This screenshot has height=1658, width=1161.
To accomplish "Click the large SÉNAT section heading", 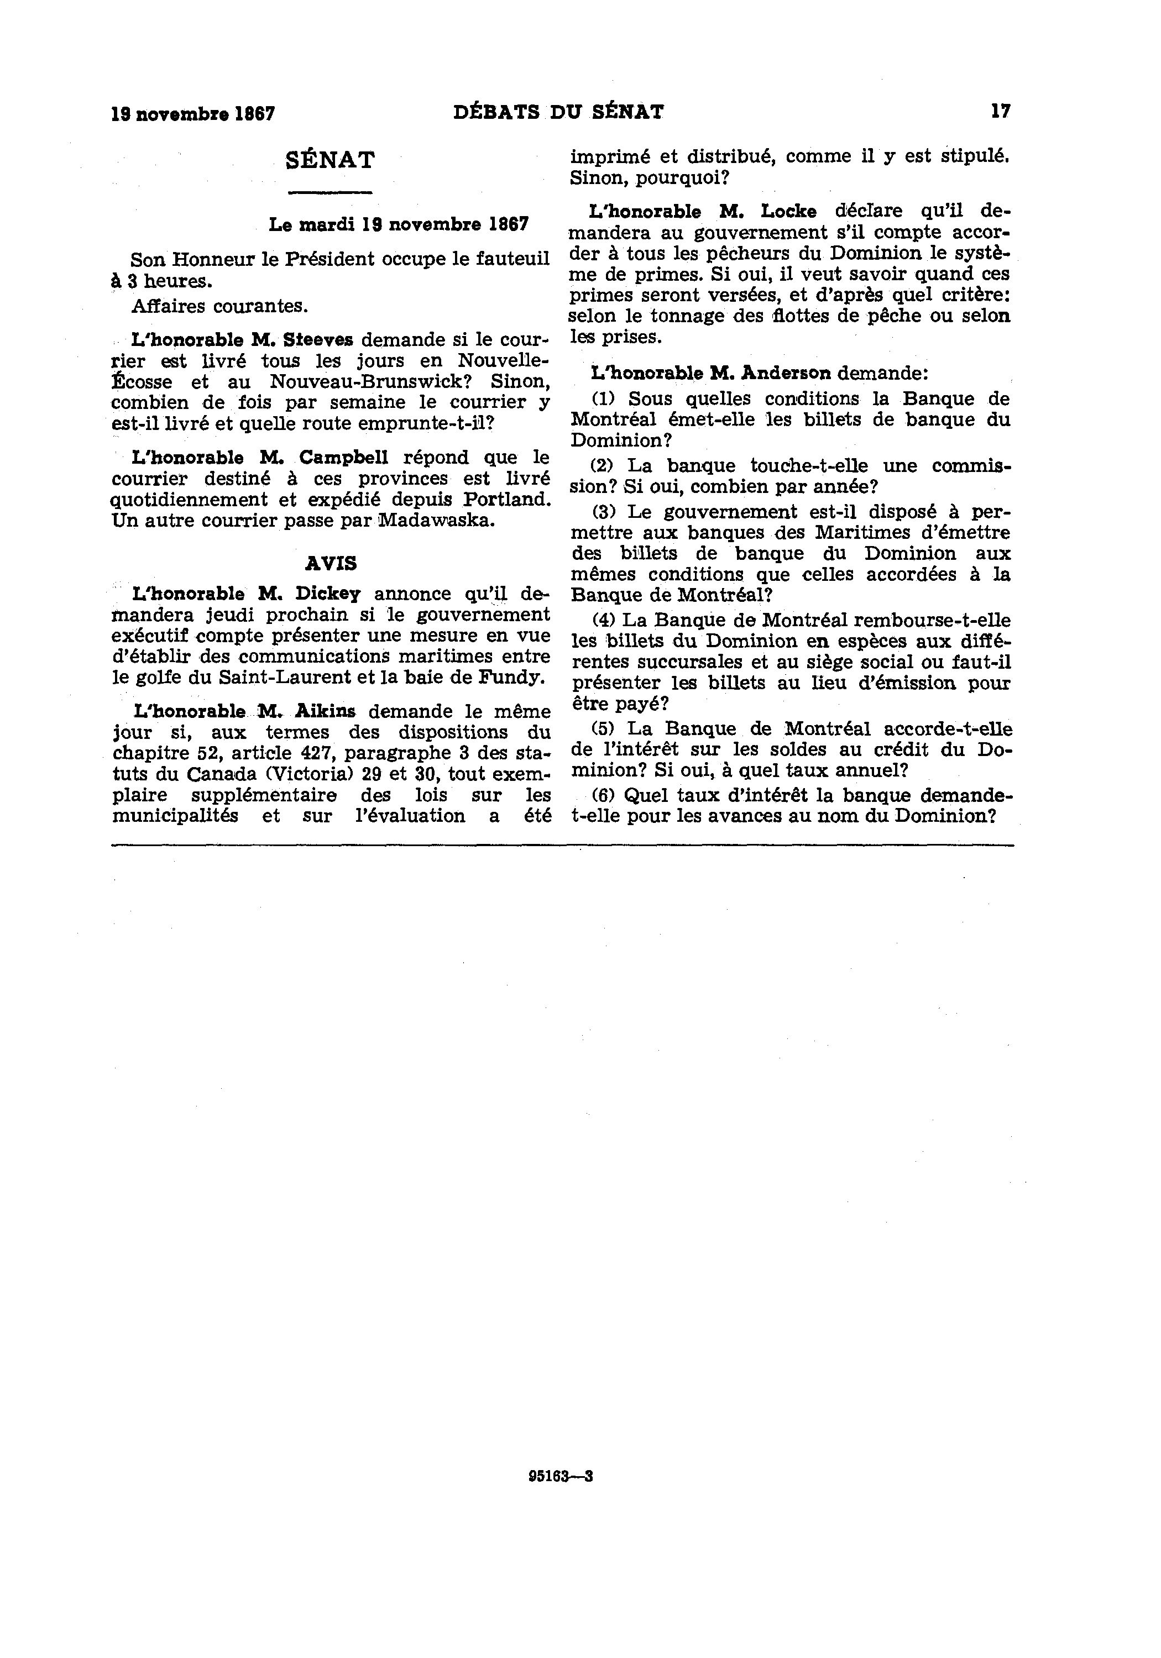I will [330, 160].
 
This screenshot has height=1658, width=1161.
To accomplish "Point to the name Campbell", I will [344, 457].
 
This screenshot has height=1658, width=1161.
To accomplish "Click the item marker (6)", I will [603, 796].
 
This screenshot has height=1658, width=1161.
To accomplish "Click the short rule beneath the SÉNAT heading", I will [330, 192].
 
